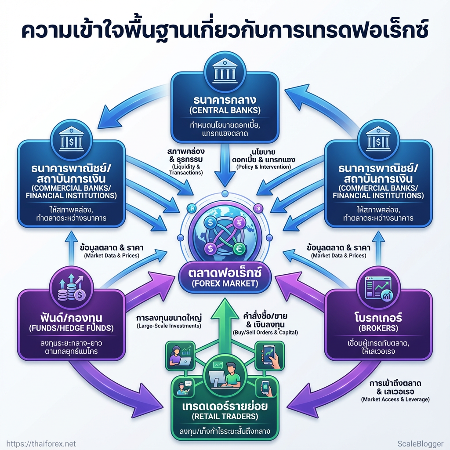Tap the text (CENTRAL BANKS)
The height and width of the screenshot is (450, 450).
tap(225, 110)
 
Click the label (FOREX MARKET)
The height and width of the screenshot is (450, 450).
tap(225, 283)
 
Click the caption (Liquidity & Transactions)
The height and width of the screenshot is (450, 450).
tap(186, 170)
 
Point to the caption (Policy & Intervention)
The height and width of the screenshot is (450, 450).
tap(263, 167)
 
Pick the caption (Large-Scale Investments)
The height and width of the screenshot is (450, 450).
tap(169, 326)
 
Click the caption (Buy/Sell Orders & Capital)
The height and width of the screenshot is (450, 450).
tap(265, 333)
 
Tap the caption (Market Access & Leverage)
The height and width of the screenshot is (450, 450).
tap(395, 399)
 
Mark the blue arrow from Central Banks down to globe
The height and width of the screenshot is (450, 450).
tap(225, 171)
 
